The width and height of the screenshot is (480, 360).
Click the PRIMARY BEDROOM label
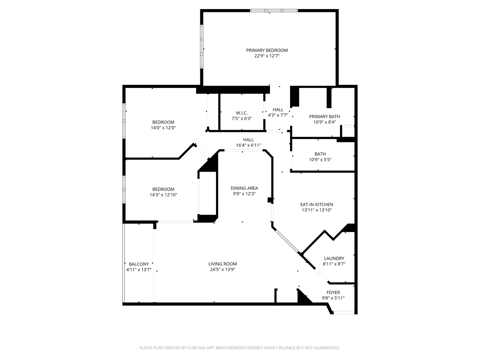pyautogui.click(x=267, y=50)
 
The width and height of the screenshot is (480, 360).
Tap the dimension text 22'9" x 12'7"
pyautogui.click(x=267, y=56)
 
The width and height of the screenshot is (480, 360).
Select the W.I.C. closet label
pyautogui.click(x=242, y=113)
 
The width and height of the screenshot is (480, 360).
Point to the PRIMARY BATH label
pyautogui.click(x=325, y=117)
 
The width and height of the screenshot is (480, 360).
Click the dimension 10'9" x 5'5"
pyautogui.click(x=320, y=160)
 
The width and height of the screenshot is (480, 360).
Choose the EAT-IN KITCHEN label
pyautogui.click(x=317, y=205)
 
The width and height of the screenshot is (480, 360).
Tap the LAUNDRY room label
pyautogui.click(x=334, y=258)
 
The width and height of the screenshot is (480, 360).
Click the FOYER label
pyautogui.click(x=333, y=292)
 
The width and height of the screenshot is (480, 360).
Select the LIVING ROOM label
pyautogui.click(x=223, y=264)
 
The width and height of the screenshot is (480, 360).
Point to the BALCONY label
pyautogui.click(x=139, y=264)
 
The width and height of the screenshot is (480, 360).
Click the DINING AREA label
pyautogui.click(x=244, y=188)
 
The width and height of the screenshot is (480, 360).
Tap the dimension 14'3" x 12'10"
pyautogui.click(x=163, y=195)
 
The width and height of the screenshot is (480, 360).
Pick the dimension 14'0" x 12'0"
pyautogui.click(x=163, y=128)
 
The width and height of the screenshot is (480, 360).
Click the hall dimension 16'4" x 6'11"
pyautogui.click(x=248, y=145)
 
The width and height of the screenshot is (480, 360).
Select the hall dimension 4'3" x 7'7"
pyautogui.click(x=278, y=115)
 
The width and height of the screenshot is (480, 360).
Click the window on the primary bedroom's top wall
pyautogui.click(x=274, y=10)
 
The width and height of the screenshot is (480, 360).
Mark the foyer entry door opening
pyautogui.click(x=344, y=313)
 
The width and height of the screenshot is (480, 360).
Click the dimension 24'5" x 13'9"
pyautogui.click(x=223, y=270)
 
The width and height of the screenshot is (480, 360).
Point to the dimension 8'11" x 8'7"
pyautogui.click(x=334, y=264)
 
